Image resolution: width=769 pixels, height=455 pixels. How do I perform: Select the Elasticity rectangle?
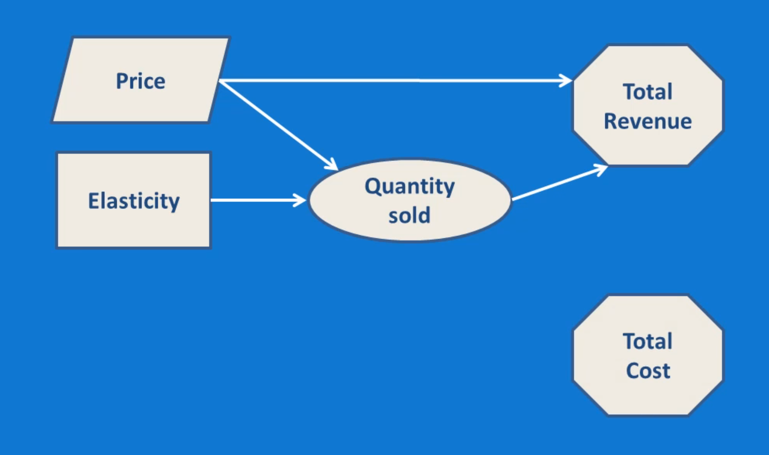[133, 227]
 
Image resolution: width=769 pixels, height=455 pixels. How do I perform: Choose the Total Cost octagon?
[648, 397]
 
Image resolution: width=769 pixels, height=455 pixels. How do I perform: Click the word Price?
[140, 81]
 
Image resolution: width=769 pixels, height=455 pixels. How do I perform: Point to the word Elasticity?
[134, 201]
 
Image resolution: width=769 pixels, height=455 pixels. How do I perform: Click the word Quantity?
[410, 187]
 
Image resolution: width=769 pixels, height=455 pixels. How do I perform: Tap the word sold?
[409, 215]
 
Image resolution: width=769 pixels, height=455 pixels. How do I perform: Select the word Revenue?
[648, 121]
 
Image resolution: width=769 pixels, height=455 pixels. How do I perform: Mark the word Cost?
[648, 370]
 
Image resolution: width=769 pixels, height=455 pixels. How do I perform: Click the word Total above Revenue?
[648, 92]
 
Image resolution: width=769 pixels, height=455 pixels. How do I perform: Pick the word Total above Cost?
[648, 341]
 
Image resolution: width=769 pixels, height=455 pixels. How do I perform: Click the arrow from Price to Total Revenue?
[393, 80]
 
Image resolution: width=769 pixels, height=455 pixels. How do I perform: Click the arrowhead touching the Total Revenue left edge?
[567, 80]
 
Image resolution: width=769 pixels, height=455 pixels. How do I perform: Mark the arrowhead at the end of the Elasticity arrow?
[301, 200]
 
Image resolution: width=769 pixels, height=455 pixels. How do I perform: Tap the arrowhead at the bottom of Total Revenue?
[602, 169]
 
